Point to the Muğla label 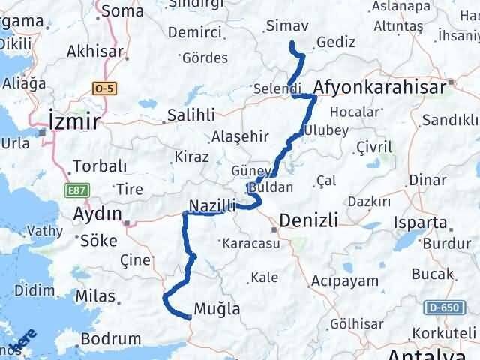pos(217,308)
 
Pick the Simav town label pos(287,27)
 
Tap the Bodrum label pos(110,339)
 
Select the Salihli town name pos(190,115)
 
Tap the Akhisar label pos(94,52)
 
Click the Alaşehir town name pos(239,137)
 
